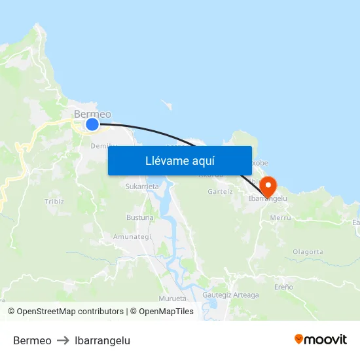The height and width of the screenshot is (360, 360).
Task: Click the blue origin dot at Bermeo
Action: tap(92, 124)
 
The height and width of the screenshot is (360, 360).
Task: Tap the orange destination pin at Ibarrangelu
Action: tap(268, 186)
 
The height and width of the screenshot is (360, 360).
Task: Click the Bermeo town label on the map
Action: tap(92, 114)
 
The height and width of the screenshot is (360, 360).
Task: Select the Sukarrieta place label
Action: tap(142, 187)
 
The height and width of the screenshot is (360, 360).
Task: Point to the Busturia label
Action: tap(139, 217)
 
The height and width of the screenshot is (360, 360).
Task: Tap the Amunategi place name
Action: tap(132, 236)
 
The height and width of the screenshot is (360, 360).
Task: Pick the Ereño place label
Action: tap(283, 287)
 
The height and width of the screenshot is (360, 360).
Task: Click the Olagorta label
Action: tap(308, 251)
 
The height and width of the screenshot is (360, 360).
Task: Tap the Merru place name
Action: tap(280, 217)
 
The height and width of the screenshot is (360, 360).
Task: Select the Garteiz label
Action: tap(220, 192)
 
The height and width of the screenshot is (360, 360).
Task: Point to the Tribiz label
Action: tap(54, 201)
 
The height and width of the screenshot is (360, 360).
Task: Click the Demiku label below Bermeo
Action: tap(103, 145)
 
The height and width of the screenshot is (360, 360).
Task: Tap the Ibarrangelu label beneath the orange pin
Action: tap(268, 198)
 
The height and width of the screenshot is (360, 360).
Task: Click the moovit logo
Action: tap(321, 340)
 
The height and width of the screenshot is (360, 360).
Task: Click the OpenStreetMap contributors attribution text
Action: tap(70, 312)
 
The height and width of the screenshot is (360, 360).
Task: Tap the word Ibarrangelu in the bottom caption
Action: tap(102, 341)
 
